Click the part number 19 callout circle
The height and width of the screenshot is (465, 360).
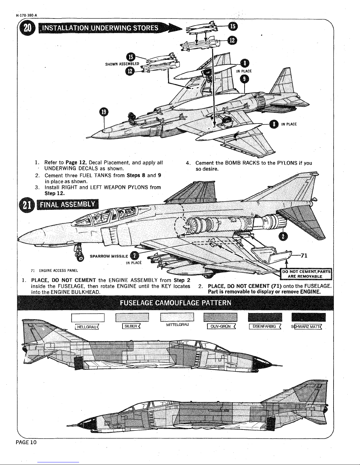103,112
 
